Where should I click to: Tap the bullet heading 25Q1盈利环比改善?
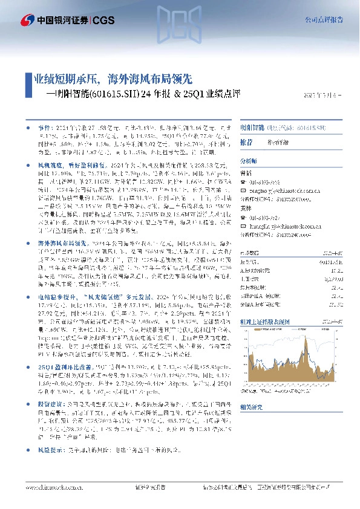[x=69, y=367]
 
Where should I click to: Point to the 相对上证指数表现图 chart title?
[x=266, y=323]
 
